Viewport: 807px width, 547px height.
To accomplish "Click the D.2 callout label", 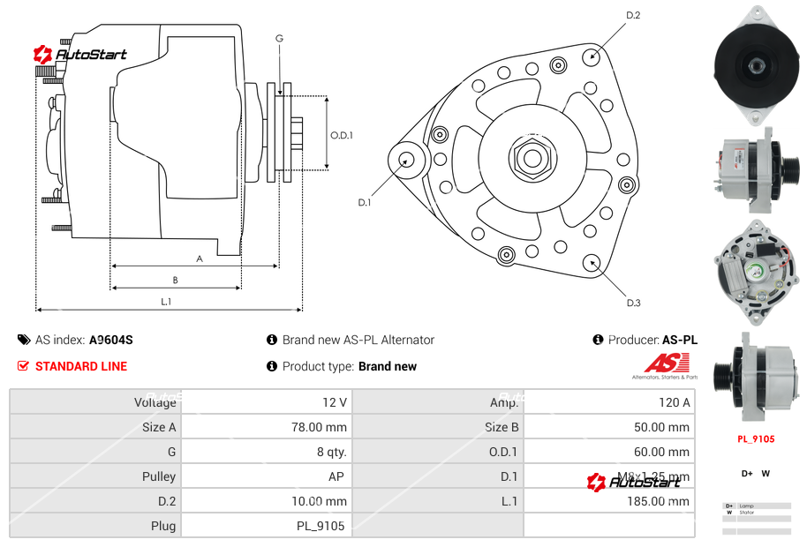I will click(633, 15).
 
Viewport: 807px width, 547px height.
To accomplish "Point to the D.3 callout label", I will click(633, 303).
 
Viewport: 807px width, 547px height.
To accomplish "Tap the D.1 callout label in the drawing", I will click(364, 202).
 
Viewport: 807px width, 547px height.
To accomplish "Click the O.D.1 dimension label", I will click(342, 135).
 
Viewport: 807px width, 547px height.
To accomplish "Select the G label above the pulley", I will click(279, 38).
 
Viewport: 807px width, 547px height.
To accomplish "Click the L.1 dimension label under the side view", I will click(166, 302).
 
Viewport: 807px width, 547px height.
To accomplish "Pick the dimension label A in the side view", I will click(200, 259).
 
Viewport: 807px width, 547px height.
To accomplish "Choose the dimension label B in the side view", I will click(175, 280).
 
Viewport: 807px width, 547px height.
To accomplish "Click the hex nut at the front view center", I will click(532, 158).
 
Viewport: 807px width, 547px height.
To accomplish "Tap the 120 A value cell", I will click(675, 402).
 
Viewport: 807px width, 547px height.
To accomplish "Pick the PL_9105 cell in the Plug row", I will click(321, 526).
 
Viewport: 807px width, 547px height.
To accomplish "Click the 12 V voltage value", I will click(334, 402).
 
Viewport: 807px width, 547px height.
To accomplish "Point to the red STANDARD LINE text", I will click(81, 366).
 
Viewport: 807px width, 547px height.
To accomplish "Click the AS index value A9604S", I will click(111, 340).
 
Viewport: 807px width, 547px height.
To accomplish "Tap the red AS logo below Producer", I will click(664, 363).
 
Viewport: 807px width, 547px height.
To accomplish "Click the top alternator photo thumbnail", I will click(756, 64).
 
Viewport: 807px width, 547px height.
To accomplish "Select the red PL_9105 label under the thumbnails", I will click(756, 438).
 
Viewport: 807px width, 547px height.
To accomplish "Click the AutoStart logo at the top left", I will click(80, 55).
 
